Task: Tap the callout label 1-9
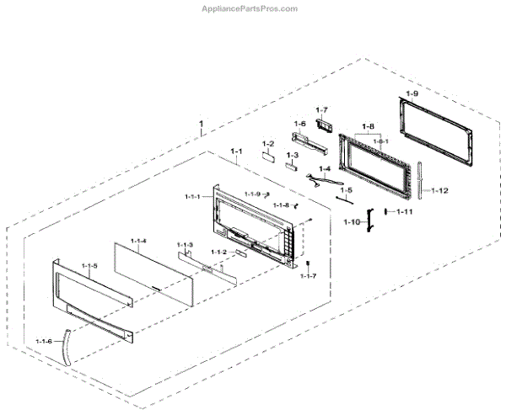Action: coord(412,93)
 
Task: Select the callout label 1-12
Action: coord(439,190)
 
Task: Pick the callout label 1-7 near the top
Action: coord(321,110)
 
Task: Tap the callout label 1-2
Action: coord(268,143)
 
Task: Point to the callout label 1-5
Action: coord(345,190)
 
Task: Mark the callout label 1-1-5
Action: coord(90,266)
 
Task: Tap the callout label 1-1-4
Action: coord(137,241)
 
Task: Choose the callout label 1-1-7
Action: coord(308,276)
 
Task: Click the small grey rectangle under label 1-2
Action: coord(268,155)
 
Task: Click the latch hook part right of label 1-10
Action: coord(369,221)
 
